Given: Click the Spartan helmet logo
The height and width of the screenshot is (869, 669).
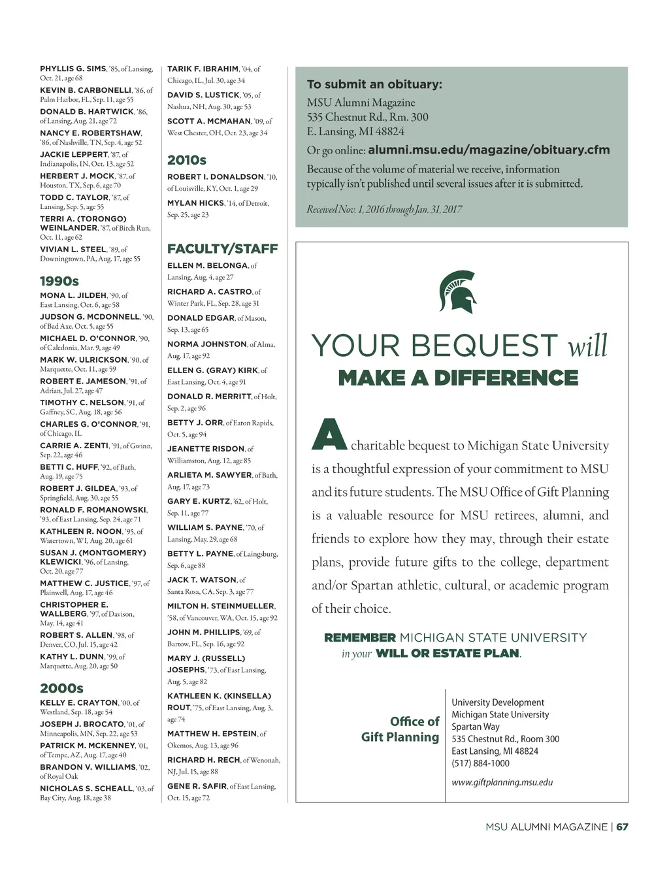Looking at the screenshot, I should (x=458, y=292).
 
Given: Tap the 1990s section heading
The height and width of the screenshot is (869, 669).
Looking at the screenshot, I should (x=59, y=281).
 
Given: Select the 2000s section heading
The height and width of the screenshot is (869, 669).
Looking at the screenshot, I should (x=61, y=688).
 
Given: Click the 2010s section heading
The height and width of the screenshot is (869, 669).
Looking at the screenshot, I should (x=187, y=160).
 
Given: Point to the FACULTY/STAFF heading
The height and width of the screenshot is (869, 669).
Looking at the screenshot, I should (x=222, y=249).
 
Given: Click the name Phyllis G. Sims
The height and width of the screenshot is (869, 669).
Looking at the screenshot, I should (x=73, y=69).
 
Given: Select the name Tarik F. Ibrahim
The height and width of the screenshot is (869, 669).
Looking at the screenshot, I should (x=203, y=69).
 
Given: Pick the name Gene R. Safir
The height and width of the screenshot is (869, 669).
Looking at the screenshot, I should (x=197, y=786).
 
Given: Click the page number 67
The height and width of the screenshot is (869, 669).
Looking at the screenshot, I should (x=623, y=827).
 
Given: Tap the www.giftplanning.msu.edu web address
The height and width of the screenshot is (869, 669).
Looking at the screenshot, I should (x=502, y=782).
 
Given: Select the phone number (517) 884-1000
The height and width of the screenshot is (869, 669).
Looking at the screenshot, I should (x=480, y=763).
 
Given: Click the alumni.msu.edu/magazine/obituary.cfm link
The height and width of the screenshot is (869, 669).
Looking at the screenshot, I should (x=489, y=150).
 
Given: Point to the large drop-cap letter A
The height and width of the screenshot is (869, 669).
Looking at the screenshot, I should (x=329, y=434).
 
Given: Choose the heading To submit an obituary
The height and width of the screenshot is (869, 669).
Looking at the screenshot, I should (x=374, y=84).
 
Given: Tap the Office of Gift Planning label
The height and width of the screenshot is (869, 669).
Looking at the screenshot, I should (x=400, y=729).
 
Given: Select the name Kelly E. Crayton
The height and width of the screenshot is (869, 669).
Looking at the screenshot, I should (x=79, y=703).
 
